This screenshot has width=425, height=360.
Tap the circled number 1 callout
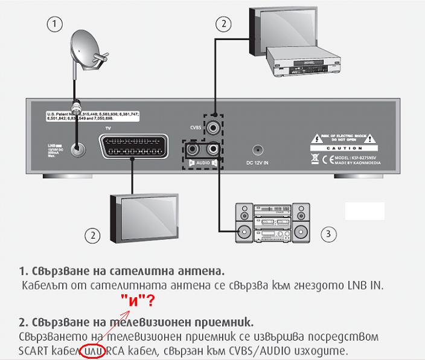(x=55, y=24)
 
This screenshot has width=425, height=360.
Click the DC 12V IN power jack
(x=258, y=150)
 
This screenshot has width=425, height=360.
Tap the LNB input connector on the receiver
(x=77, y=149)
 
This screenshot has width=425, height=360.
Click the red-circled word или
(x=92, y=350)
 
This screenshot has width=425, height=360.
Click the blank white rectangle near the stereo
(x=364, y=211)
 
